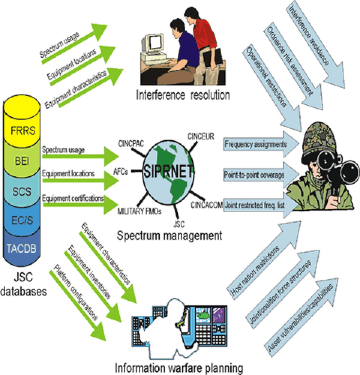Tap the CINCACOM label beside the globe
point(207,204)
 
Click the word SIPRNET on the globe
point(168,171)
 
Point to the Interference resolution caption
point(183,95)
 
